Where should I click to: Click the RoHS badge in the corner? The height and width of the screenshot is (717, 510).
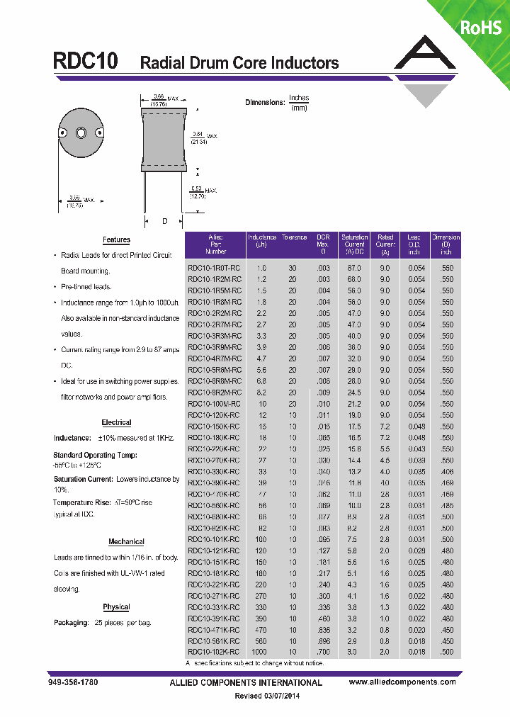tap(480, 28)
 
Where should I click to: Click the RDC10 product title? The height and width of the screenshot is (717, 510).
tap(86, 61)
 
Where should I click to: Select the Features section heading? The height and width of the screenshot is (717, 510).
tap(116, 240)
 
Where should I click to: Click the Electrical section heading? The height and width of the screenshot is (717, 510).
tap(116, 422)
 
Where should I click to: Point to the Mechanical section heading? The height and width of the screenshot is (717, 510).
tap(126, 541)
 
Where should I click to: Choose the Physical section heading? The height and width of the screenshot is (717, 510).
tap(116, 607)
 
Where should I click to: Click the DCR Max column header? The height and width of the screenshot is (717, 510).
tap(323, 244)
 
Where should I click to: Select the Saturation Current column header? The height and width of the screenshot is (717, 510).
tap(354, 244)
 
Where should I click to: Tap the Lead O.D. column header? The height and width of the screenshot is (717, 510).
tap(414, 244)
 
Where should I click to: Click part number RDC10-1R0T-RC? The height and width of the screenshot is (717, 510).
tap(214, 269)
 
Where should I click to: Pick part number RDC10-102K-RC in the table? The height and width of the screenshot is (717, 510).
tap(214, 652)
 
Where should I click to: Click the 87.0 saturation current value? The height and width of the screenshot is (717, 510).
tap(353, 269)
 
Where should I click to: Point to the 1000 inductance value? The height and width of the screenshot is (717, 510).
tap(261, 652)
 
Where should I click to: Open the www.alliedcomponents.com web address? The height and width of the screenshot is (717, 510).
tap(402, 682)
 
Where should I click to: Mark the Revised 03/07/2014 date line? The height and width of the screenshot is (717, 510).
tap(268, 696)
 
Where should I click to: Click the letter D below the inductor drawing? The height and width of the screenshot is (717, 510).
tap(164, 222)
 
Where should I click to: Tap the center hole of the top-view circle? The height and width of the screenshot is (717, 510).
tap(80, 133)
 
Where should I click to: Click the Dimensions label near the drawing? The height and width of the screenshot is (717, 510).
tap(264, 103)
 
